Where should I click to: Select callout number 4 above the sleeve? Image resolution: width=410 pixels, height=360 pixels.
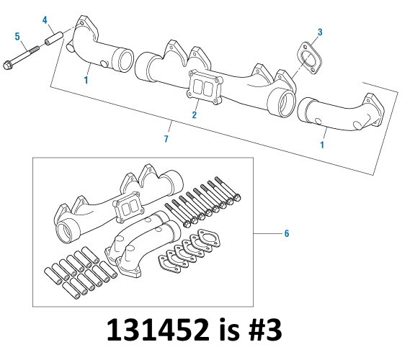point(45,19)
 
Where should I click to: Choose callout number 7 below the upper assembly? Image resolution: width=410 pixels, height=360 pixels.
point(166,138)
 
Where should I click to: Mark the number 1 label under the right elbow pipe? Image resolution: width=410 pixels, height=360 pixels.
point(321,144)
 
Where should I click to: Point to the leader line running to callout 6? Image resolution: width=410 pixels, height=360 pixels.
point(267,233)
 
